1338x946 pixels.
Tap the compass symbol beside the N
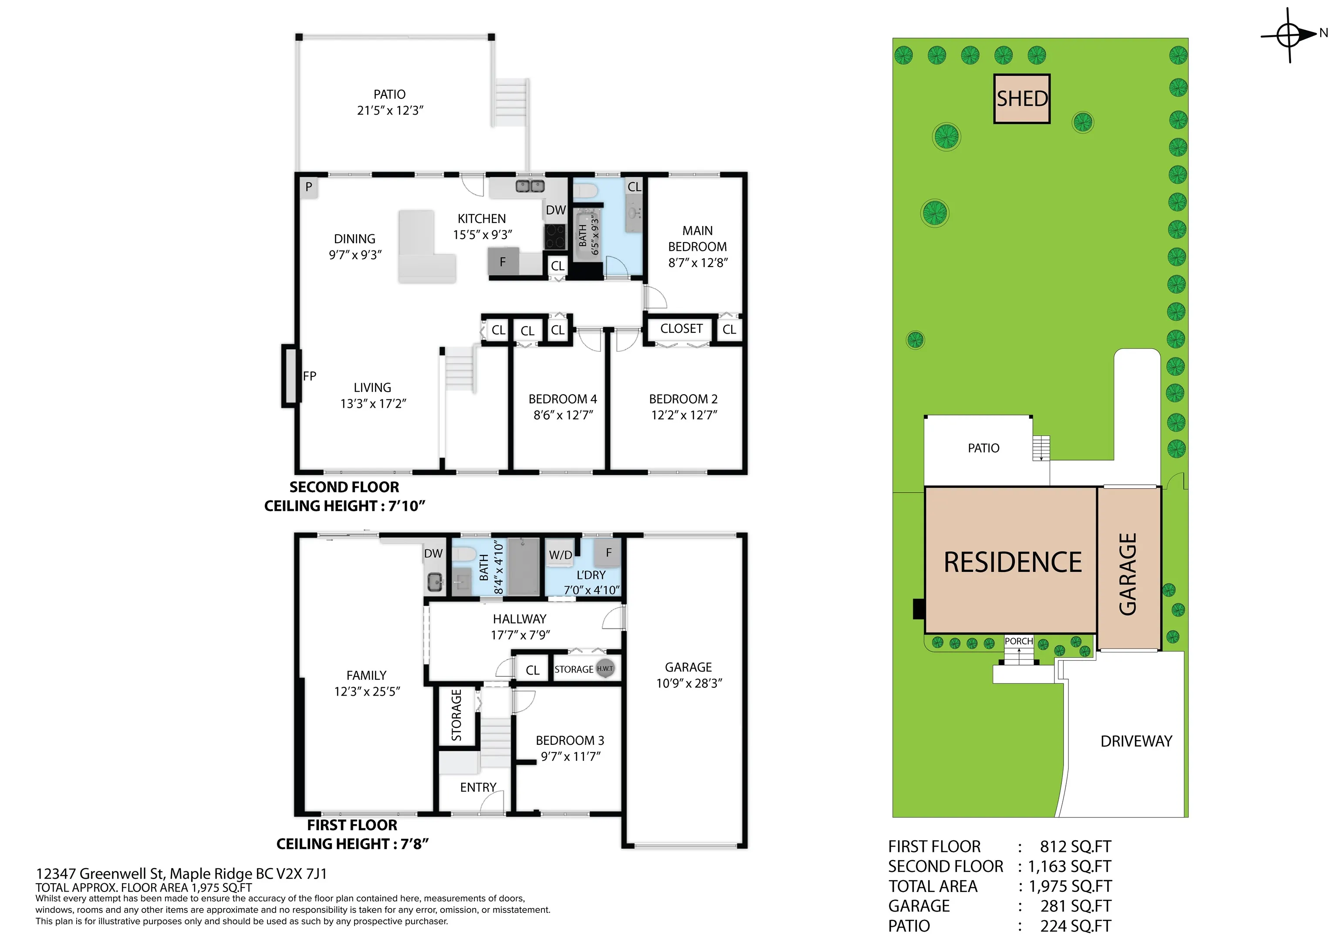tap(1288, 35)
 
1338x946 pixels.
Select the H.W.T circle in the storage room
tap(605, 669)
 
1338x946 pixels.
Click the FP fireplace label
tap(309, 376)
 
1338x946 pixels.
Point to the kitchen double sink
tap(530, 186)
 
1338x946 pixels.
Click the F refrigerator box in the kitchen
tap(502, 262)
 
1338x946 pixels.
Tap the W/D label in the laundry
tap(561, 555)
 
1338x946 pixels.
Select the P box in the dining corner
tap(309, 187)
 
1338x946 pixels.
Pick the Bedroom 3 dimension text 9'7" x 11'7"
tap(571, 756)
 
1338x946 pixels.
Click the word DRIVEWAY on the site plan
tap(1136, 741)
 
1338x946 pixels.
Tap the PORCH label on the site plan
tap(1019, 641)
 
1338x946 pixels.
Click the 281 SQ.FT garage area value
tap(1076, 906)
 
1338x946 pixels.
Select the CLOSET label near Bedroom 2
tap(681, 329)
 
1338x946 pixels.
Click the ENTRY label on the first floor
tap(478, 787)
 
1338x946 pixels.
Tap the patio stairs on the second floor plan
tap(511, 103)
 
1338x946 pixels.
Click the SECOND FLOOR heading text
tap(345, 487)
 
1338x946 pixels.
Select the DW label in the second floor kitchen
tap(556, 210)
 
